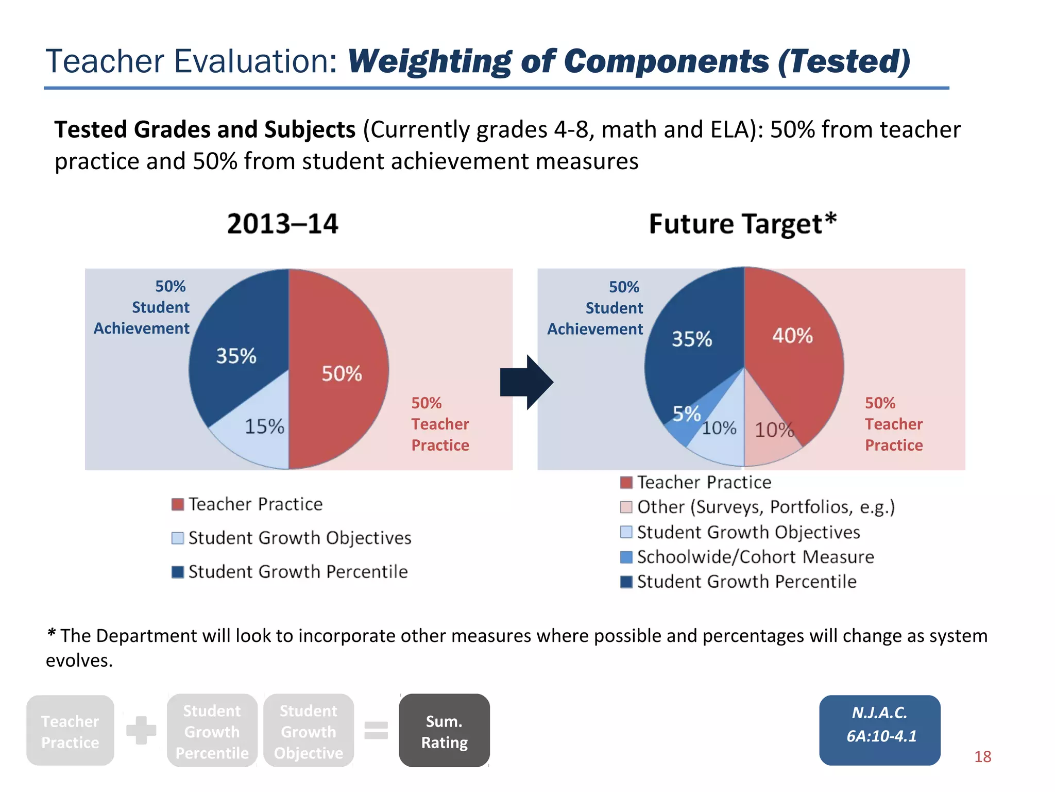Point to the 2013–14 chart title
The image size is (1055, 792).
(x=282, y=224)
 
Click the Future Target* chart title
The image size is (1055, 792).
(x=742, y=224)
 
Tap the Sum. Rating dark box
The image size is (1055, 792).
(x=444, y=731)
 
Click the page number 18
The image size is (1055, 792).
(x=982, y=756)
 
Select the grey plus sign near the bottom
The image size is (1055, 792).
(x=141, y=730)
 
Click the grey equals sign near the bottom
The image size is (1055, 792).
(x=376, y=731)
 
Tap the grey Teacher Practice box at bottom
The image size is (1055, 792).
(x=70, y=731)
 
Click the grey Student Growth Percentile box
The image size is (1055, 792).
(x=212, y=731)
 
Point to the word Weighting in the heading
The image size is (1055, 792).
(x=429, y=62)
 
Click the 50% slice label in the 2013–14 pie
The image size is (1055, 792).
(x=342, y=374)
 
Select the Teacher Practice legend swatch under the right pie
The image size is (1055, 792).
(x=626, y=483)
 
